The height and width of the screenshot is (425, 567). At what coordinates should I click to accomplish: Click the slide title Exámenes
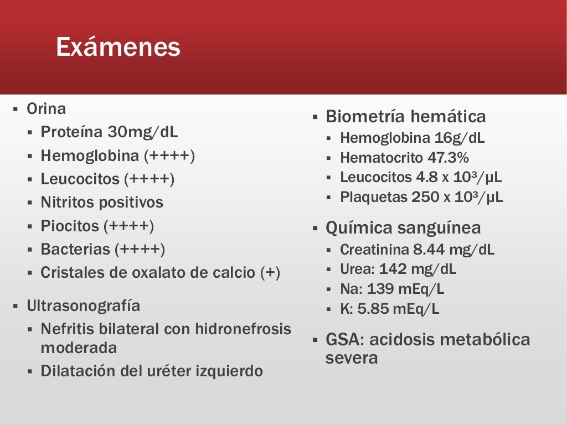pyautogui.click(x=118, y=48)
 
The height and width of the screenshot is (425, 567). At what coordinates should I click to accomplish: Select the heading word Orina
pyautogui.click(x=46, y=109)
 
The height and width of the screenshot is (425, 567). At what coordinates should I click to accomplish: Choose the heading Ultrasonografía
pyautogui.click(x=83, y=306)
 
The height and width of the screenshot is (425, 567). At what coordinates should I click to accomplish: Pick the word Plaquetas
pyautogui.click(x=373, y=197)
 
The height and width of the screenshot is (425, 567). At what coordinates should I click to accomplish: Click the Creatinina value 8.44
pyautogui.click(x=429, y=250)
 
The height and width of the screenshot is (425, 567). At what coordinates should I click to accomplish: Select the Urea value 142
pyautogui.click(x=393, y=269)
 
